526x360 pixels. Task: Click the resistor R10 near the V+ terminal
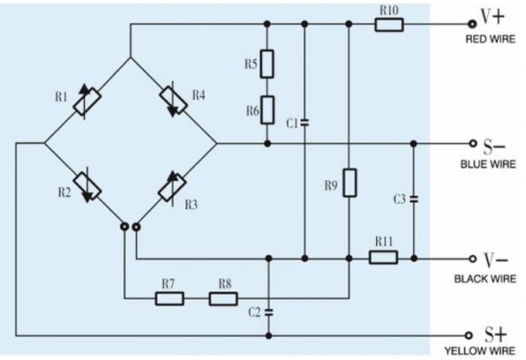point(388,25)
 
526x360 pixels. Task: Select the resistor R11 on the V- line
point(383,257)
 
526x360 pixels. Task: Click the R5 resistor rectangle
point(267,63)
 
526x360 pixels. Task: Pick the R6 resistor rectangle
point(267,110)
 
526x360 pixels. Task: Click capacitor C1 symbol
point(305,122)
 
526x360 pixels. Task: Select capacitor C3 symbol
point(414,199)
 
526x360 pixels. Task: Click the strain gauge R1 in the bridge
point(88,101)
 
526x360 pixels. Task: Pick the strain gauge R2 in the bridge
point(88,186)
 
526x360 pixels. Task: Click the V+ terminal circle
point(471,24)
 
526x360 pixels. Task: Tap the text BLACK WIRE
point(485,279)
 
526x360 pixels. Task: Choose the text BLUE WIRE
point(484,164)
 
